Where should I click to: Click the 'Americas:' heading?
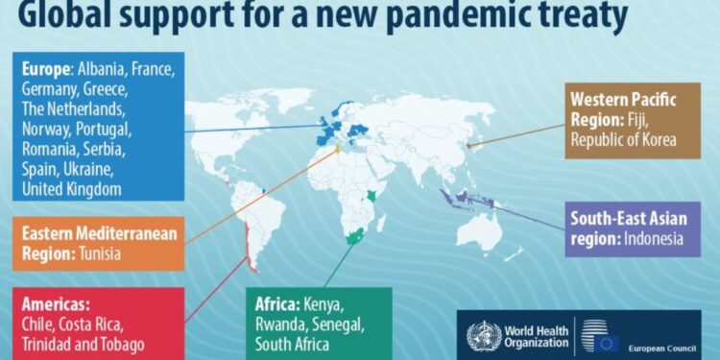coord(58,303)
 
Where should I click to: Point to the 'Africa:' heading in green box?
coord(277,305)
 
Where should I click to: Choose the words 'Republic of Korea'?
coord(623,139)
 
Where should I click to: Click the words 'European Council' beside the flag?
coord(661,347)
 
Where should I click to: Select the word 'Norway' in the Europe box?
coord(46,130)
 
